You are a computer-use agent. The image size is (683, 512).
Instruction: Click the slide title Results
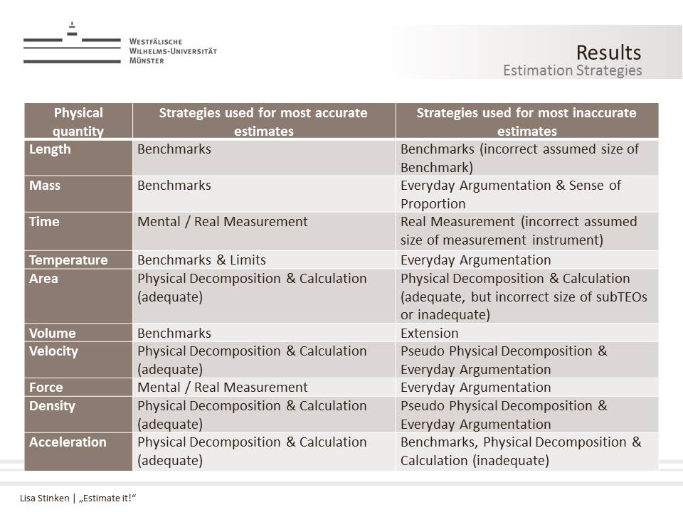tap(608, 53)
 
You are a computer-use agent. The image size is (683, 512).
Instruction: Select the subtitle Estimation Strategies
tap(572, 70)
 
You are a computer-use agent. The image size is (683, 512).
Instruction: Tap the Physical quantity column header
tap(78, 122)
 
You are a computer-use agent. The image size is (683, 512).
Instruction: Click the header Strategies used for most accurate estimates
tap(263, 122)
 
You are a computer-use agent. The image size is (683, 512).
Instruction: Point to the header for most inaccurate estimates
tap(526, 122)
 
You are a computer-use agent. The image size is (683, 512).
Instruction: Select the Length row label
tap(50, 149)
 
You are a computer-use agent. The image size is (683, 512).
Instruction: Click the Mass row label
tap(45, 186)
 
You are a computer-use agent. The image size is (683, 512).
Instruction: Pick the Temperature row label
tap(68, 260)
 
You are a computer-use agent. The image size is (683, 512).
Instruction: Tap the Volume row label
tap(52, 333)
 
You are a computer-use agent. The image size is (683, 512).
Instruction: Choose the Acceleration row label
tap(68, 442)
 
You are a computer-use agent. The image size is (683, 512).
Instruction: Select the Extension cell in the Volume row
tap(430, 333)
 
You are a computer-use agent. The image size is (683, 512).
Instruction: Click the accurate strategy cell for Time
tap(223, 222)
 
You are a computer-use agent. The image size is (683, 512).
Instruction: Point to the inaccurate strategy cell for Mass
tap(510, 194)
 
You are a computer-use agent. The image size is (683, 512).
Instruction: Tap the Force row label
tap(46, 388)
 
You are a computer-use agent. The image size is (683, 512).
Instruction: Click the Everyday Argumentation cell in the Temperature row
tap(475, 260)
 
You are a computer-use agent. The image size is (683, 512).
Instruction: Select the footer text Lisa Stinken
tap(44, 498)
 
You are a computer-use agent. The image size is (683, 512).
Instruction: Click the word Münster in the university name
tap(147, 61)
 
